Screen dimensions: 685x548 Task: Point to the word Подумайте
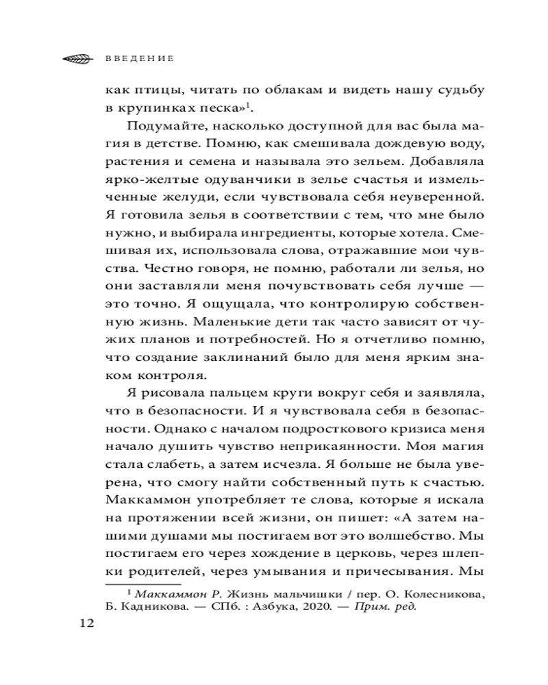coord(160,127)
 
